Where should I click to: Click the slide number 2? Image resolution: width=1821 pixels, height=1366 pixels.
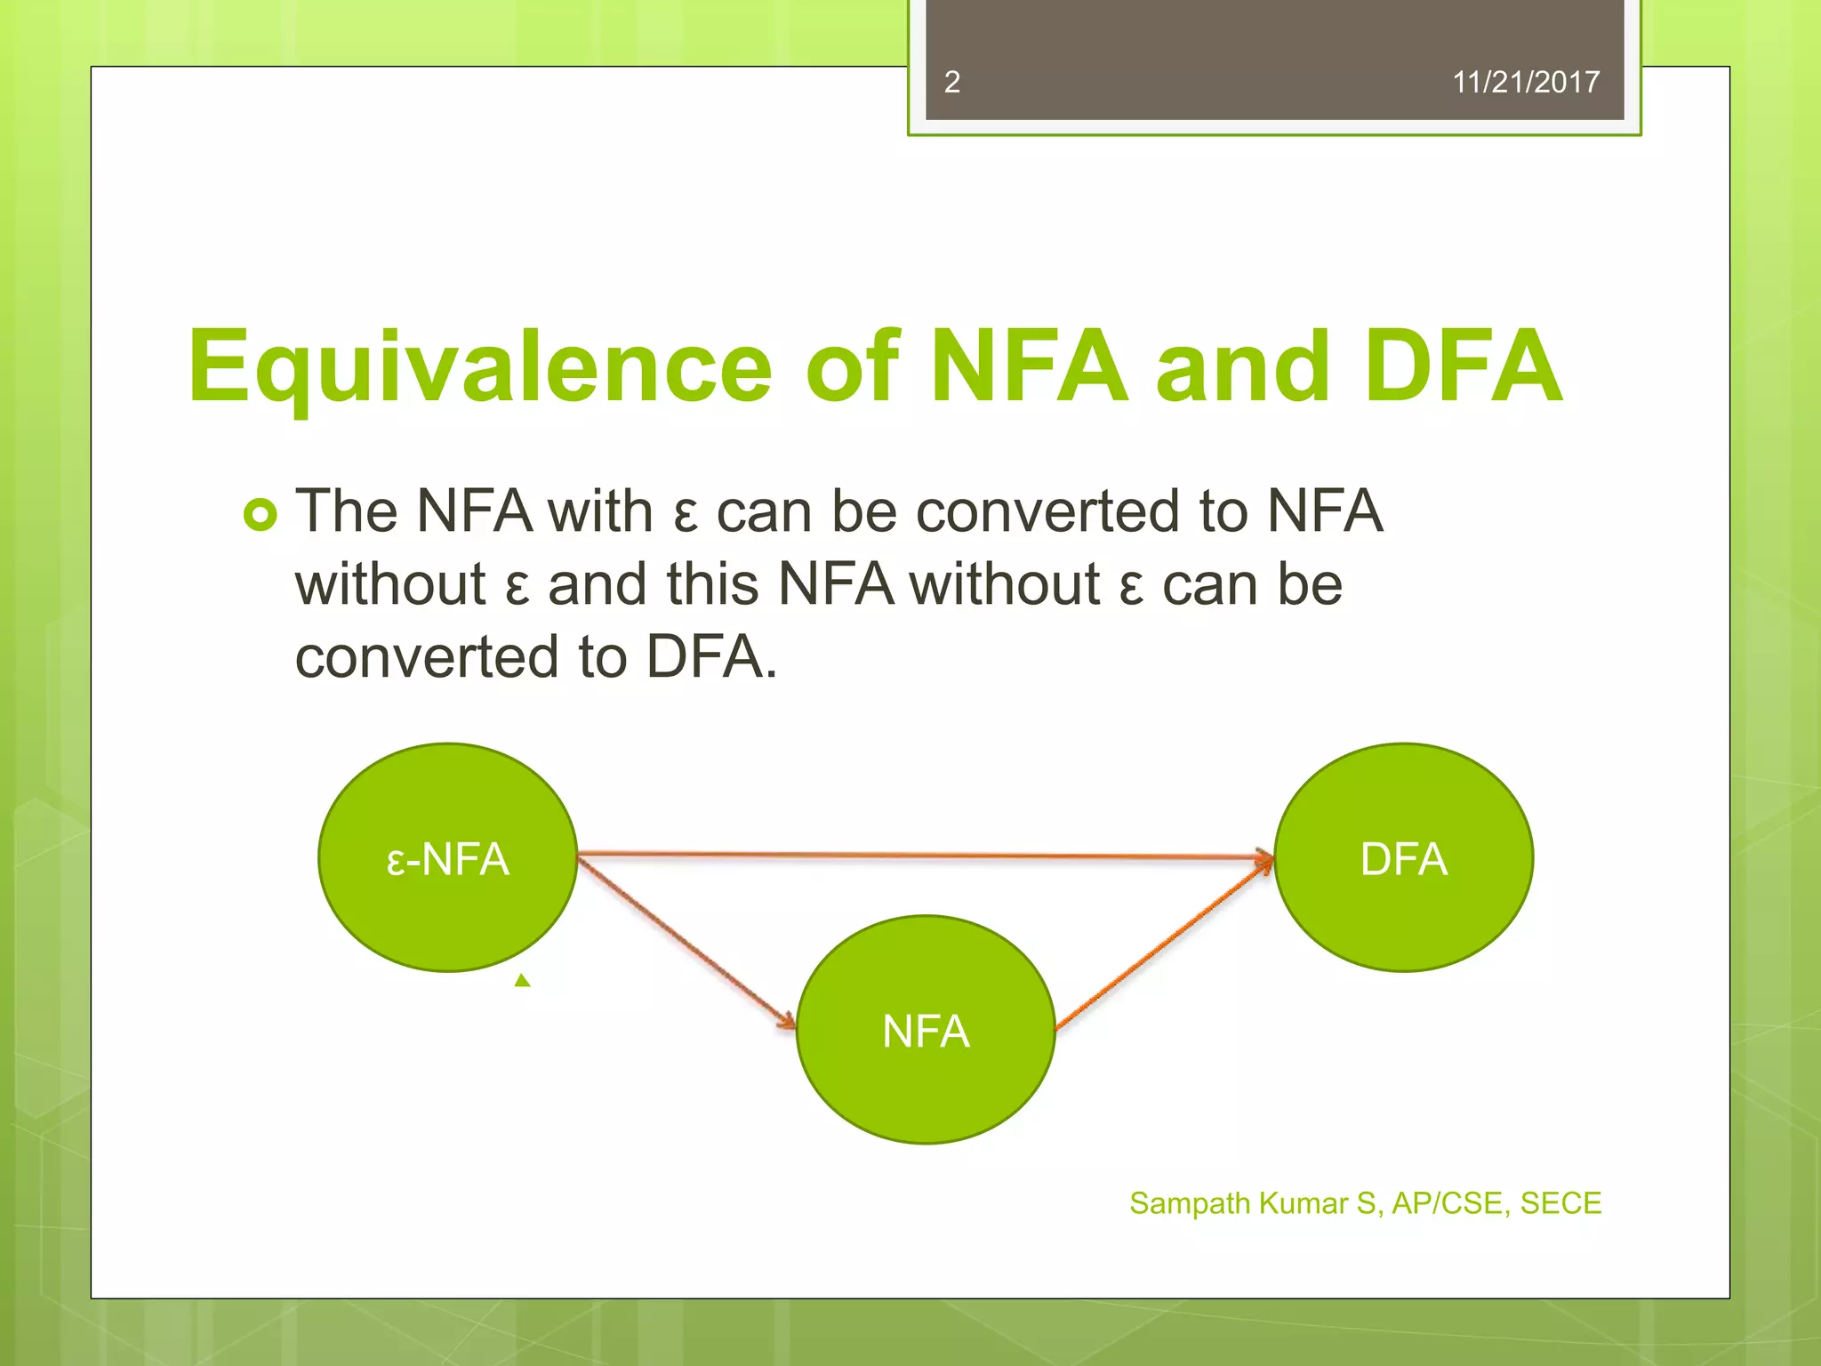coord(951,83)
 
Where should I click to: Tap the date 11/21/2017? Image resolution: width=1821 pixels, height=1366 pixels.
coord(1525,83)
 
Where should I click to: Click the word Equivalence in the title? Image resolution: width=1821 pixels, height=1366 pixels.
coord(480,366)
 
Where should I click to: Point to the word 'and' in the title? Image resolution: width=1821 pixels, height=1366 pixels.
coord(1242,366)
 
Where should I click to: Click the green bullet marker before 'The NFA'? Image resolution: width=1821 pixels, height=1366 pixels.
coord(261,515)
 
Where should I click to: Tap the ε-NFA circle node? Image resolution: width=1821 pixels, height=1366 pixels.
coord(447,857)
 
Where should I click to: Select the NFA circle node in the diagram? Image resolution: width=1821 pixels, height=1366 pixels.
coord(926,1030)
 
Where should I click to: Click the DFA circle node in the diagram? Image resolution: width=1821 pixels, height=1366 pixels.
coord(1403,857)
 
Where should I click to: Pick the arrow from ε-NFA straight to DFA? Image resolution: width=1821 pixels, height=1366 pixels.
coord(925,856)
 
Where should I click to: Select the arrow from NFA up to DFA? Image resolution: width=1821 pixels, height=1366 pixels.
coord(1165,944)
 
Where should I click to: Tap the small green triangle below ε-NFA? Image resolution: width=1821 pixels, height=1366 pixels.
coord(523,981)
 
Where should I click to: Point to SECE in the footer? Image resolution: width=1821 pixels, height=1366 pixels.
coord(1560,1203)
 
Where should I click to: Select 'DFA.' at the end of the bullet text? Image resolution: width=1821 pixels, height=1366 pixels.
coord(711,657)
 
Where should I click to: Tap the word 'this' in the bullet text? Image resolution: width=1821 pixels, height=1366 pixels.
coord(712,584)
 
